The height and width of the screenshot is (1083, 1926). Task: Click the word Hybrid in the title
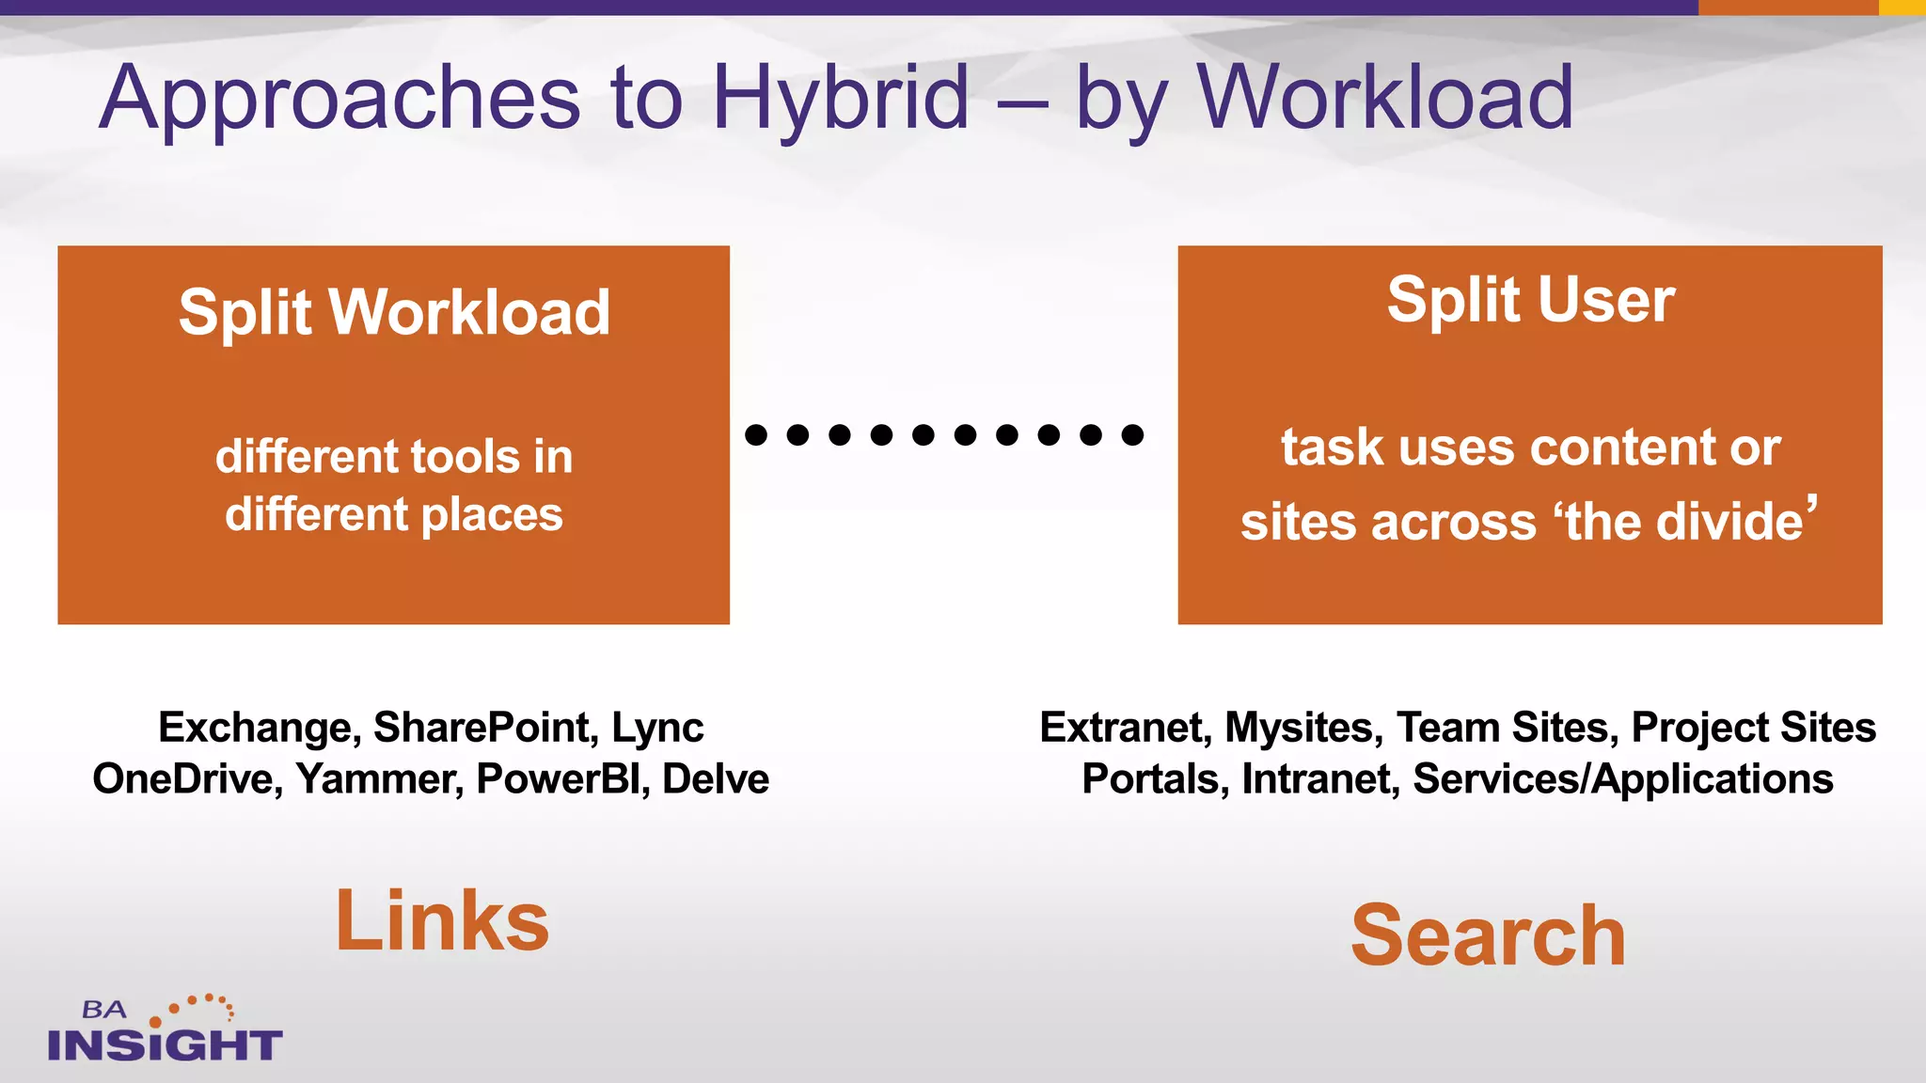840,99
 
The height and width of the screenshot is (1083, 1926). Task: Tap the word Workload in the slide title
1384,97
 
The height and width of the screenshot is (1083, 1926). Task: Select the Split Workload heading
394,312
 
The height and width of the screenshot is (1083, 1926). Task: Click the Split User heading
1530,300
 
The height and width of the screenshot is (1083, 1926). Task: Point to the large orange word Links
442,921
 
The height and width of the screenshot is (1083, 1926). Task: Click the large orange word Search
1488,935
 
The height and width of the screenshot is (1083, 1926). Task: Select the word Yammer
379,779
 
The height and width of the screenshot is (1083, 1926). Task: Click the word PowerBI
562,779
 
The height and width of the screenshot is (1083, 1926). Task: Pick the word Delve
716,779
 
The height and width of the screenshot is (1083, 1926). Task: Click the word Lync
657,728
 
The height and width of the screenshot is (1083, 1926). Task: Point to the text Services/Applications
1622,779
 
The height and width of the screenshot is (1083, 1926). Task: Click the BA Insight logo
165,1029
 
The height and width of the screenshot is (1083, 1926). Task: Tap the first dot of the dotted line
756,434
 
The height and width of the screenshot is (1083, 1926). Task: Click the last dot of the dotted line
1132,434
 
